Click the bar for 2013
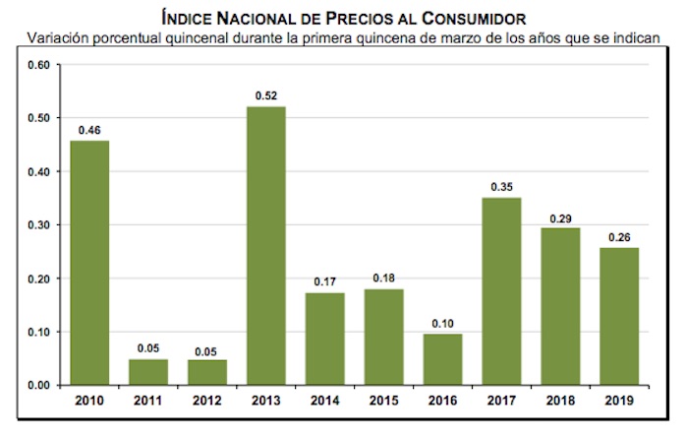[265, 245]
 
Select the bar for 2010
[89, 262]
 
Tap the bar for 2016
[442, 359]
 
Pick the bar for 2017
[501, 291]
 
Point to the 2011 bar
[148, 372]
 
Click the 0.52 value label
[265, 96]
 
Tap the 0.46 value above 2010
[89, 130]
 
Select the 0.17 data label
[324, 282]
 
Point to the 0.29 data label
[560, 218]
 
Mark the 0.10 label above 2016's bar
[442, 322]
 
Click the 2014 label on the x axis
[324, 400]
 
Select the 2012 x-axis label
[207, 400]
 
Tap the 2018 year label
[560, 400]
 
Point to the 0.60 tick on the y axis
[38, 65]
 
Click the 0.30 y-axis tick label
[38, 225]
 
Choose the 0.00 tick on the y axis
[38, 385]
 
